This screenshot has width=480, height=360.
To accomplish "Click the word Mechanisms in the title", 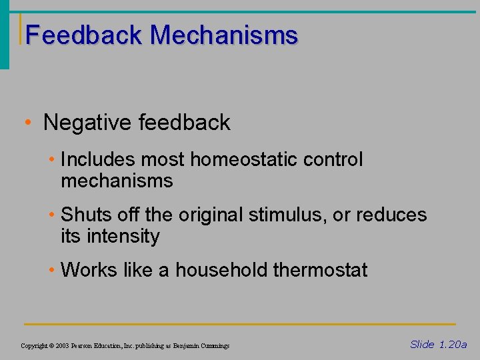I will pyautogui.click(x=224, y=35).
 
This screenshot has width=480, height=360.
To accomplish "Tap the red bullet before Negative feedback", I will pyautogui.click(x=25, y=123).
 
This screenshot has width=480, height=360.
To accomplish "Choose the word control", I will pyautogui.click(x=337, y=160).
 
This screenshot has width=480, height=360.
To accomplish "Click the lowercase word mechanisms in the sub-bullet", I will pyautogui.click(x=117, y=181).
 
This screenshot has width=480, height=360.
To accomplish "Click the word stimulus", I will pyautogui.click(x=295, y=215).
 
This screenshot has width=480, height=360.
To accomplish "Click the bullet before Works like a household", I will pyautogui.click(x=53, y=270).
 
